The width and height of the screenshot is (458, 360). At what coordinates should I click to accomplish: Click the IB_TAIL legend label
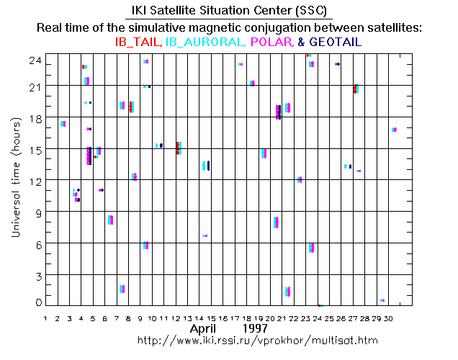click(x=139, y=42)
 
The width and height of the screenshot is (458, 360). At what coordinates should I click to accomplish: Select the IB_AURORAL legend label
click(x=205, y=42)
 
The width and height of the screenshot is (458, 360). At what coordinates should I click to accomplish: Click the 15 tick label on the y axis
click(x=35, y=149)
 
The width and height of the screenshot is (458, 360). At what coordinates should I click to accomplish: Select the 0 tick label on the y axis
click(x=37, y=302)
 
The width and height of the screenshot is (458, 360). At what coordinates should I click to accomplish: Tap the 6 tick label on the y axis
click(x=37, y=243)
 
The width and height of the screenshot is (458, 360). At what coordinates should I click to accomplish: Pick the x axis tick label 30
click(x=388, y=318)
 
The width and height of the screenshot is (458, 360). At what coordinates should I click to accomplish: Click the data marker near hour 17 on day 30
click(x=394, y=130)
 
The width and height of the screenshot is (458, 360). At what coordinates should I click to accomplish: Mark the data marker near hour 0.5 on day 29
click(x=382, y=300)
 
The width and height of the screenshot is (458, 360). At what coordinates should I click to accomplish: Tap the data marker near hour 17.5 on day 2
click(x=63, y=124)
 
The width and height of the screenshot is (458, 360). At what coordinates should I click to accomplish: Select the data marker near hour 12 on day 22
click(x=300, y=179)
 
